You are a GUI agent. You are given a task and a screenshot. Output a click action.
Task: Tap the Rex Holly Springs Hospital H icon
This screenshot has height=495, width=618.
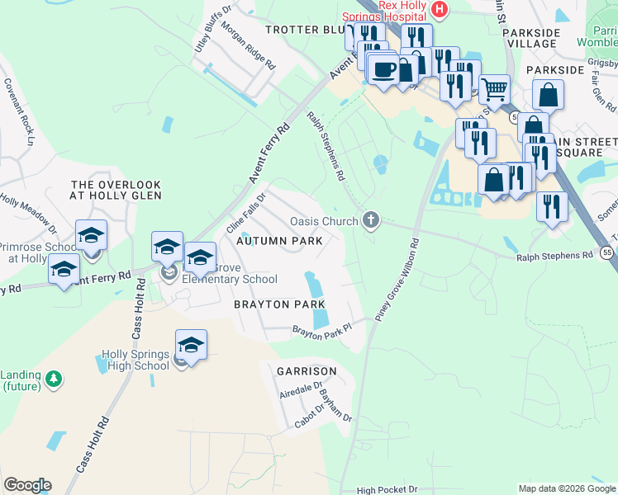tap(440, 9)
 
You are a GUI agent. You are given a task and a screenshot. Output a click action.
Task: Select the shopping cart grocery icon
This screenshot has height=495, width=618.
tap(494, 87)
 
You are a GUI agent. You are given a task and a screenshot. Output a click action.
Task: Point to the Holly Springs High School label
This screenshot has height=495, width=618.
tap(135, 361)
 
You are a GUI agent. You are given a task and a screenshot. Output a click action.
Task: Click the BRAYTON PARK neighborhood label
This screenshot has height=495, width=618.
tap(278, 304)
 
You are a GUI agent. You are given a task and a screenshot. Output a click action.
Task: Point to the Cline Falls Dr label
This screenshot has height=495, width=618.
tap(246, 213)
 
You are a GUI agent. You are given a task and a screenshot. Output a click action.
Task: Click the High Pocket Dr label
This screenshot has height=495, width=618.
tap(387, 490)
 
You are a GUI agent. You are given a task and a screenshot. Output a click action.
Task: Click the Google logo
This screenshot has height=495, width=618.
tap(27, 485)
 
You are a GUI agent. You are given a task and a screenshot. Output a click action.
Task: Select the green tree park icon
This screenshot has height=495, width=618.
tap(55, 379)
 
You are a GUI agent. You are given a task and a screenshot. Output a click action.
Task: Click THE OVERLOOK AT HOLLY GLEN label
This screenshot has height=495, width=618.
tap(113, 190)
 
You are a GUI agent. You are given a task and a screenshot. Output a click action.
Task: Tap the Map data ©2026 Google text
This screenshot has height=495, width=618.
tap(567, 488)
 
